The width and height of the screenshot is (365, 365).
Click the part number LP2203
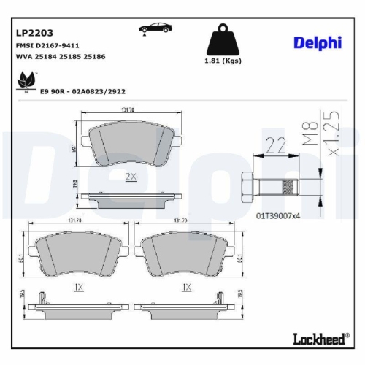pyautogui.click(x=32, y=32)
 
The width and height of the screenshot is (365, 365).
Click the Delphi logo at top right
pyautogui.click(x=318, y=42)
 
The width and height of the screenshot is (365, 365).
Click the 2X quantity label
pyautogui.click(x=131, y=177)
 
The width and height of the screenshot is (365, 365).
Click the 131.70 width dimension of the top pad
pyautogui.click(x=127, y=110)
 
